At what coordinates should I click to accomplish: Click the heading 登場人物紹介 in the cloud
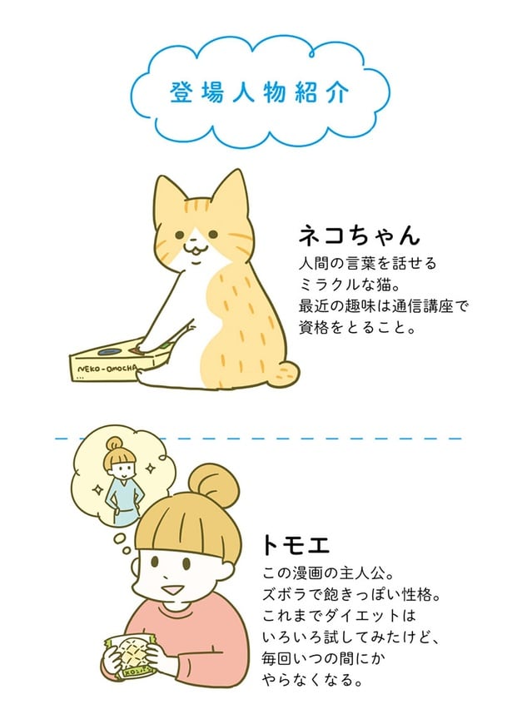[256, 91]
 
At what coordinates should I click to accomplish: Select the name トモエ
[296, 546]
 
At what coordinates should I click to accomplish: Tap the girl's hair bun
[206, 483]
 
